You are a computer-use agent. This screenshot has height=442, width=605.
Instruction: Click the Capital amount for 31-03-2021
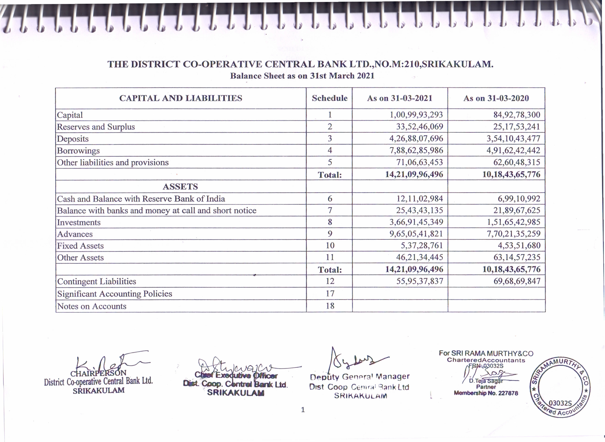(x=416, y=115)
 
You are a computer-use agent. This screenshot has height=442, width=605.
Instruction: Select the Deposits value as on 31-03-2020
(x=513, y=139)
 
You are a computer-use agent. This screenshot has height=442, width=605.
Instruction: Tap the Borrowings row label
(x=78, y=151)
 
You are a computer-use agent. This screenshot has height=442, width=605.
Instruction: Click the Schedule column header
(x=330, y=98)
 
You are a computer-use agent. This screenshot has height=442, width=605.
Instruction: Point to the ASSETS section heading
(x=180, y=186)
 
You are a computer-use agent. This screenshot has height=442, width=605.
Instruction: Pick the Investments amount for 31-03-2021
(x=416, y=222)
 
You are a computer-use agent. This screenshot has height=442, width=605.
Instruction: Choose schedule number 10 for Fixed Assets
(x=330, y=245)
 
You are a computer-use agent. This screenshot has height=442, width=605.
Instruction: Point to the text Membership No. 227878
(x=486, y=393)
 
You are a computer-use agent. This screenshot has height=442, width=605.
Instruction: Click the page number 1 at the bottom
(x=303, y=410)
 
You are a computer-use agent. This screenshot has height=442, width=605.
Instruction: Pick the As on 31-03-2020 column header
(x=496, y=98)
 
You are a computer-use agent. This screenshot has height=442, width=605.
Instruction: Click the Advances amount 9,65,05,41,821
(x=416, y=234)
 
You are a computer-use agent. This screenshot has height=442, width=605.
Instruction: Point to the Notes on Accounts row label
(x=92, y=306)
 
